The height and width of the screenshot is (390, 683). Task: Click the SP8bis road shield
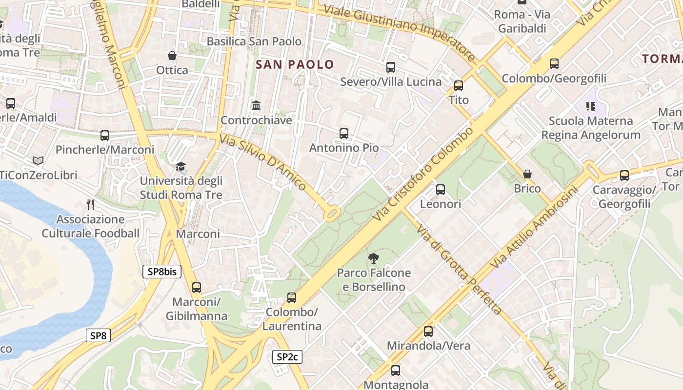click(x=161, y=272)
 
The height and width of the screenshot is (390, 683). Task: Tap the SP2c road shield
click(x=287, y=357)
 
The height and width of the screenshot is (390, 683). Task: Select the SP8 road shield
click(x=98, y=335)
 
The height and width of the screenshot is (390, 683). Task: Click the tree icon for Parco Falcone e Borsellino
click(x=374, y=258)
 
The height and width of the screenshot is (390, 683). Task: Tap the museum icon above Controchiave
click(x=256, y=105)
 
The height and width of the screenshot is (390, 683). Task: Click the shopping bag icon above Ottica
click(x=172, y=56)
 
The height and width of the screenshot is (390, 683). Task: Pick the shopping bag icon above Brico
click(x=527, y=174)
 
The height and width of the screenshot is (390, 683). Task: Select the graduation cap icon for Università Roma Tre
click(x=181, y=167)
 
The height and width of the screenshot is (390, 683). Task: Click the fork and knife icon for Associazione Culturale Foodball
click(x=90, y=204)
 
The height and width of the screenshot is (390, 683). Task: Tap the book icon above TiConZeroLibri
click(x=38, y=160)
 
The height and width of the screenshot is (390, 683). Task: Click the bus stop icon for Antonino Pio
click(x=344, y=133)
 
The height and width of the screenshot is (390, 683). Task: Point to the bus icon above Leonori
click(x=441, y=189)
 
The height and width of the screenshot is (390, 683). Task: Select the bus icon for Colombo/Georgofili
click(x=554, y=64)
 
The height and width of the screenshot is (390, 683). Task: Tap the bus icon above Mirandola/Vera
click(x=428, y=331)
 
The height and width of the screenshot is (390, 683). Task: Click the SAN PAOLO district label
click(x=295, y=64)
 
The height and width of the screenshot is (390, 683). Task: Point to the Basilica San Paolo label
click(x=254, y=41)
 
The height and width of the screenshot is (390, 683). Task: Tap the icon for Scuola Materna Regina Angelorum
click(x=591, y=106)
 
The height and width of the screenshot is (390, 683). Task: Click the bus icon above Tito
click(x=459, y=86)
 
